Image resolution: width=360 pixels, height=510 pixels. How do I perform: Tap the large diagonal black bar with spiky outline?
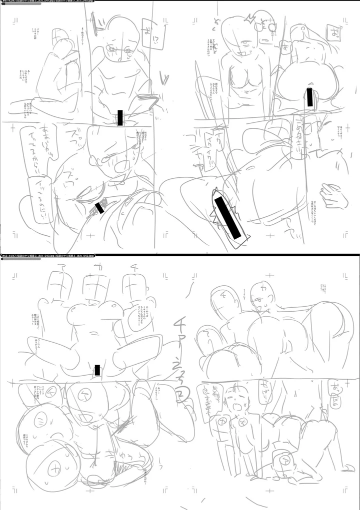(226, 217)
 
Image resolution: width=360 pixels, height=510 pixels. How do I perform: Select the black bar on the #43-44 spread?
(96, 370)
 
